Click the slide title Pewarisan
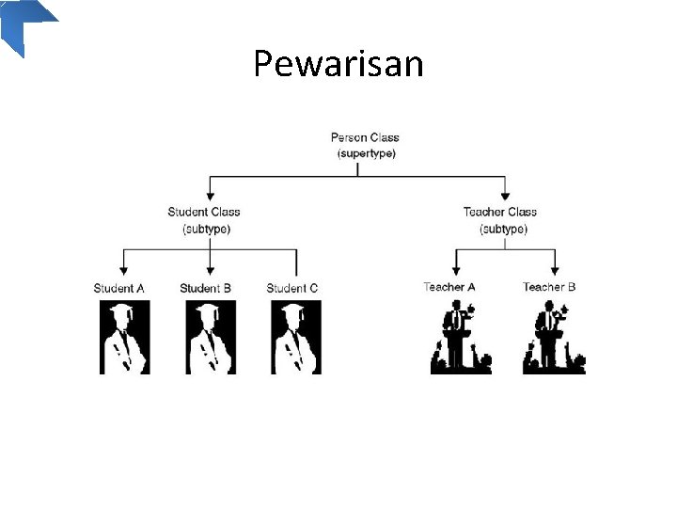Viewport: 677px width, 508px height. pyautogui.click(x=338, y=64)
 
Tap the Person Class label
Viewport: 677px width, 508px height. pyautogui.click(x=365, y=137)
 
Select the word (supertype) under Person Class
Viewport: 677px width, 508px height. pyautogui.click(x=366, y=152)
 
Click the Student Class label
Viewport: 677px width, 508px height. pyautogui.click(x=204, y=213)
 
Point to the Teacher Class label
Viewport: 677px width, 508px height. pyautogui.click(x=500, y=213)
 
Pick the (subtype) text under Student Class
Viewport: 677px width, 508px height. pyautogui.click(x=206, y=229)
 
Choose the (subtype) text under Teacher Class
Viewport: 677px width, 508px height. pyautogui.click(x=503, y=229)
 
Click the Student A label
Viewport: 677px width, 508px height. pyautogui.click(x=119, y=288)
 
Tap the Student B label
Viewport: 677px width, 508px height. pyautogui.click(x=206, y=288)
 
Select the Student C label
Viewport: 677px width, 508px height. pyautogui.click(x=292, y=288)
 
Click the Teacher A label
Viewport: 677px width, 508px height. pyautogui.click(x=449, y=287)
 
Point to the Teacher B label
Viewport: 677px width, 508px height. pyautogui.click(x=549, y=287)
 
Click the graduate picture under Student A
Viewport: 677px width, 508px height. pyautogui.click(x=124, y=337)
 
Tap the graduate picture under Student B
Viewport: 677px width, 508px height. pyautogui.click(x=211, y=337)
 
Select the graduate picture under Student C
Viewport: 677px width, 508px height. pyautogui.click(x=296, y=337)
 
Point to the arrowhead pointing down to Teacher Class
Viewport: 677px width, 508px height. pyautogui.click(x=505, y=194)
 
